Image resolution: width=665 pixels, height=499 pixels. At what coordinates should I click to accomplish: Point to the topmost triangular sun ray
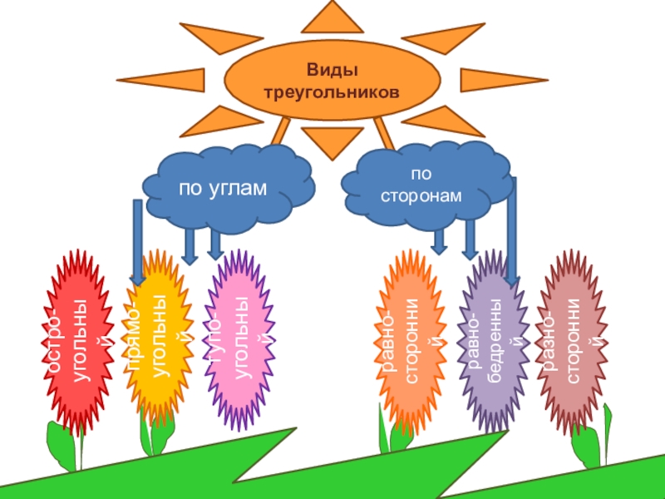pos(332,17)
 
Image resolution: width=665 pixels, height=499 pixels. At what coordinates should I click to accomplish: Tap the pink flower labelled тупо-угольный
pos(239,340)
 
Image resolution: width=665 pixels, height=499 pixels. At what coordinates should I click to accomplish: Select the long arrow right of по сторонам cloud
pos(512,233)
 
